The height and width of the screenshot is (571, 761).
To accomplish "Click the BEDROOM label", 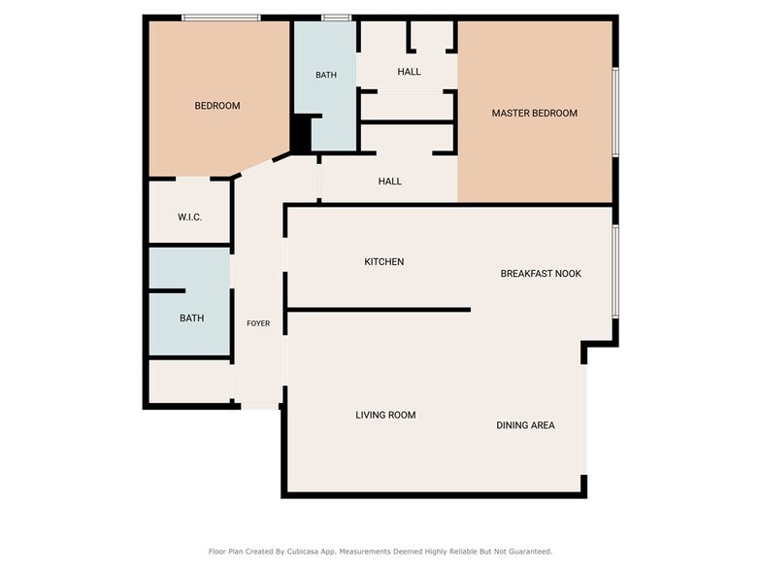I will (216, 106).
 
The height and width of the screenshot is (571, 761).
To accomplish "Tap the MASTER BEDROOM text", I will (534, 114).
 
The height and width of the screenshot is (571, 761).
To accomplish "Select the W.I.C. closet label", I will (189, 217).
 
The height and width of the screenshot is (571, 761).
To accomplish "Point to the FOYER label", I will (258, 323).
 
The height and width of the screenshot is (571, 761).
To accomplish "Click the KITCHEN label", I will (383, 262).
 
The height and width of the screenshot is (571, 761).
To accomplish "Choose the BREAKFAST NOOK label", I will (541, 274).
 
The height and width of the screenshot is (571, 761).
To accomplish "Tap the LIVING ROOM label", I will (385, 416).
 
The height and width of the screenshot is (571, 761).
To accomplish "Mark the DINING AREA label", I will (525, 425).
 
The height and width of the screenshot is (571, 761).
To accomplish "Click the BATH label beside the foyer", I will (191, 319).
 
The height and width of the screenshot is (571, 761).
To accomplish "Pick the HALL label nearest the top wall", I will (409, 72).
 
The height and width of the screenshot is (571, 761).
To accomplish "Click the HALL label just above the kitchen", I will (389, 182).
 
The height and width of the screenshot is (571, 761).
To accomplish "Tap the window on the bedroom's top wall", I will (220, 17).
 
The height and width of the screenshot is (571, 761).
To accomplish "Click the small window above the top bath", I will (336, 17).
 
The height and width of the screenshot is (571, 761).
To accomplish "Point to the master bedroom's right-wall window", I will (615, 112).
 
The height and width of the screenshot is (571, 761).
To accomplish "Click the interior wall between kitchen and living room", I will (379, 310).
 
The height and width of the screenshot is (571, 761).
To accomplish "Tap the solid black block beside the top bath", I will (302, 133).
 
